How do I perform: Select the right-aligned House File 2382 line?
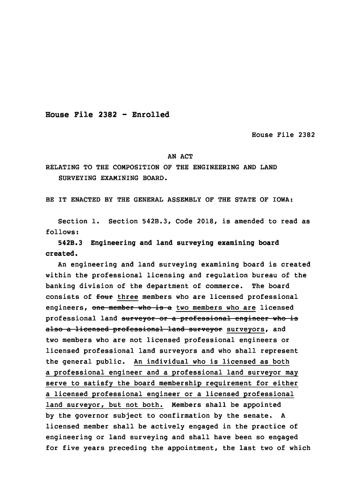tap(283, 135)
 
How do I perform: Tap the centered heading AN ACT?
tap(180, 157)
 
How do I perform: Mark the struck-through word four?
tap(104, 297)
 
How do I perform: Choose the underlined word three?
tap(127, 297)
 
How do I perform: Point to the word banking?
tap(60, 286)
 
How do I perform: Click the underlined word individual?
tap(167, 362)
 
